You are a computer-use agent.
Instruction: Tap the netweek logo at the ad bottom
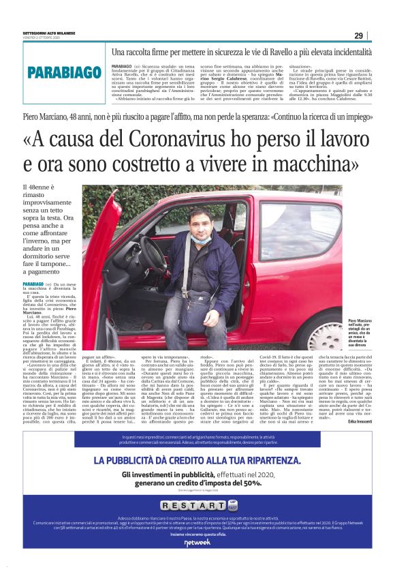click(197, 543)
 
